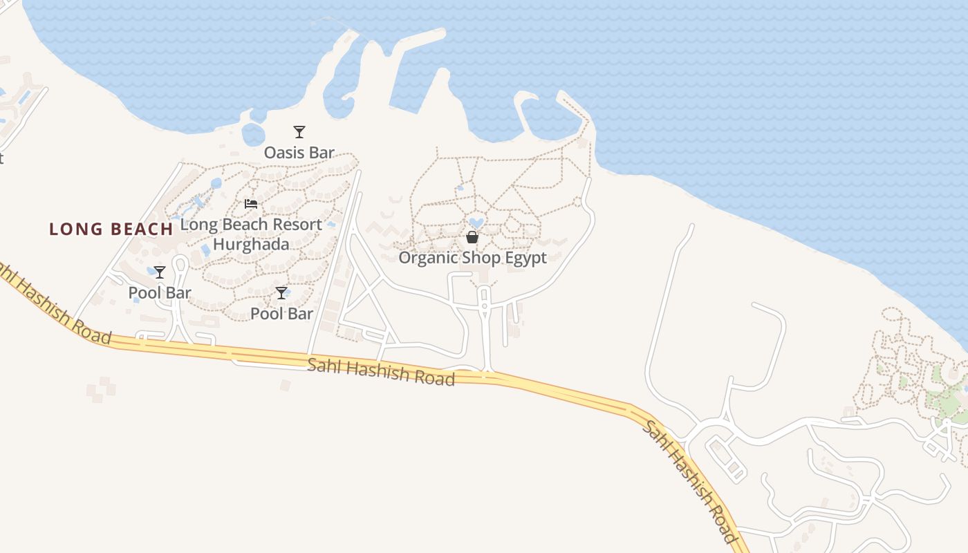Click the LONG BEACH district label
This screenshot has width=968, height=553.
(x=111, y=229)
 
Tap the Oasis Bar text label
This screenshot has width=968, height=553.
(x=299, y=153)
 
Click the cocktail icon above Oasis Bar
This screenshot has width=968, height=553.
(x=299, y=132)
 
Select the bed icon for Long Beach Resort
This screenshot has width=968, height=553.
(x=251, y=204)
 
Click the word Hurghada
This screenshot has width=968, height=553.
(x=250, y=244)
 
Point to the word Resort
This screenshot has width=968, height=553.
(x=297, y=225)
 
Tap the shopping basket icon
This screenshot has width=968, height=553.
(x=472, y=237)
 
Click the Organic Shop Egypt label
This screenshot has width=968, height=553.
(x=472, y=258)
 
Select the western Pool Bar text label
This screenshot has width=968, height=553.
(x=160, y=293)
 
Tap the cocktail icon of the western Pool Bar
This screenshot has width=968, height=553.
(x=160, y=272)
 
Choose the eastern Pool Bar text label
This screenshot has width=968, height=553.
(x=281, y=314)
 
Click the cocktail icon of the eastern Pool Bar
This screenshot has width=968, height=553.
(x=281, y=293)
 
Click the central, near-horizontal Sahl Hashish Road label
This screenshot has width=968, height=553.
(x=381, y=371)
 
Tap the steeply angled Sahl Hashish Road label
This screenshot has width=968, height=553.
(x=689, y=480)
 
